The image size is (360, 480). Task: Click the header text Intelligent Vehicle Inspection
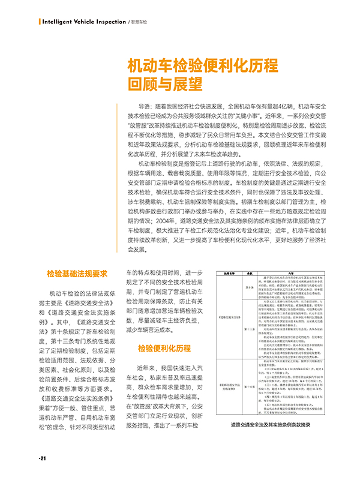coord(85,22)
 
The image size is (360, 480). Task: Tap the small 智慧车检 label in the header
coord(139,22)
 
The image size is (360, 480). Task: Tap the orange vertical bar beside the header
coord(39,22)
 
